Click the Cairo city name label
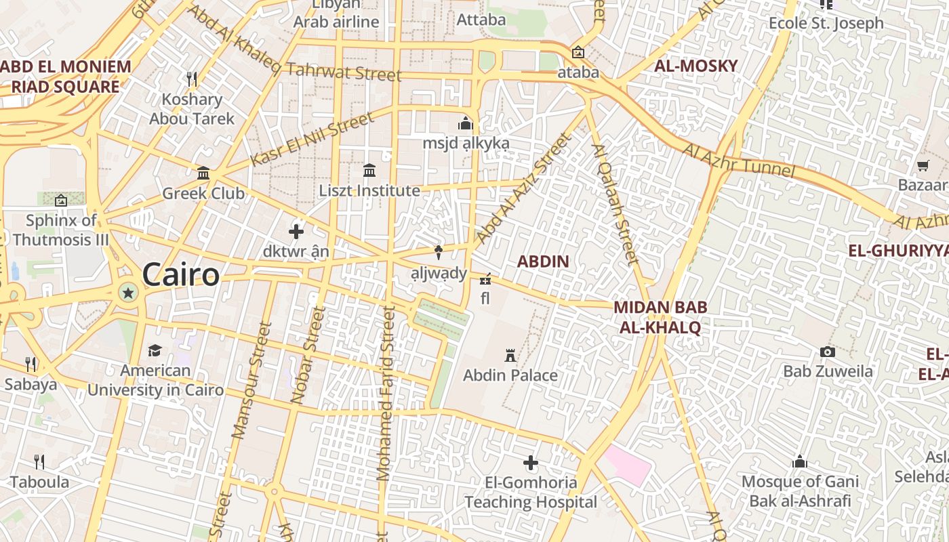tap(181, 275)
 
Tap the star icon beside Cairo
tap(127, 293)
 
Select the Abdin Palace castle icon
tap(510, 355)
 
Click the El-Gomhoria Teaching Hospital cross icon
tap(531, 463)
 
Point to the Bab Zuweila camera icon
tap(827, 352)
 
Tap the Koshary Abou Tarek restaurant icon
tap(192, 79)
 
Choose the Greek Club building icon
tap(203, 173)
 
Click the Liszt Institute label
tap(369, 190)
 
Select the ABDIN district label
tap(543, 262)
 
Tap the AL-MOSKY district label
tap(695, 66)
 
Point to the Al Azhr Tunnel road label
tap(738, 160)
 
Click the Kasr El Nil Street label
tap(312, 140)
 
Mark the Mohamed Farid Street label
tap(386, 393)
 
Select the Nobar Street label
tap(307, 356)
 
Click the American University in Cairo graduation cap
tap(155, 350)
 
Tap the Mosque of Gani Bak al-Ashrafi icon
tap(800, 462)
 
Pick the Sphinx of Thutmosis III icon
tap(61, 200)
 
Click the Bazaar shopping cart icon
tap(923, 165)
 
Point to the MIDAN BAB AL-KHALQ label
tap(660, 317)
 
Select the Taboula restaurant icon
tap(39, 462)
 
